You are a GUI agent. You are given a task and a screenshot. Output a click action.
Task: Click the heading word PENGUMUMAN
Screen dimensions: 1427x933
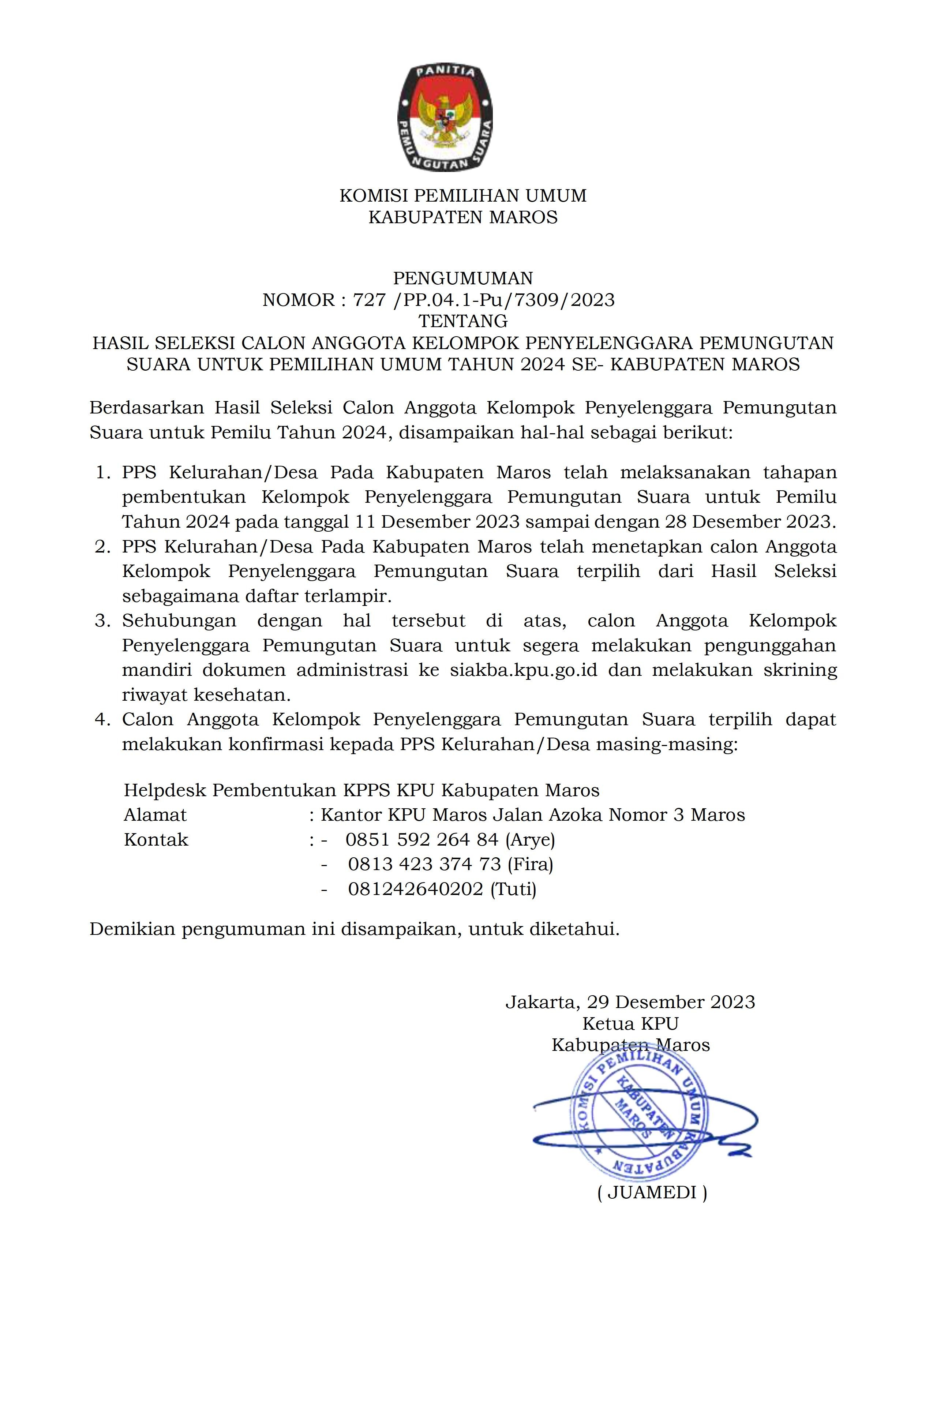(463, 278)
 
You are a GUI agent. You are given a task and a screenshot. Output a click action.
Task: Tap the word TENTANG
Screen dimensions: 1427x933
(463, 321)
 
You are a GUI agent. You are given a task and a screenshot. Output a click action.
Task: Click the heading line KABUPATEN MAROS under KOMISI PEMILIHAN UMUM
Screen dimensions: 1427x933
(463, 217)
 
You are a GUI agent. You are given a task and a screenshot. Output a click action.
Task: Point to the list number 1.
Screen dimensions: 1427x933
(102, 472)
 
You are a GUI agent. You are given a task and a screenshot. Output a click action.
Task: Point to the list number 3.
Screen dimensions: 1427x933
(102, 621)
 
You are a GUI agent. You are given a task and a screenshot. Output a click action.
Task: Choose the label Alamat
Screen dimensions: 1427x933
(155, 815)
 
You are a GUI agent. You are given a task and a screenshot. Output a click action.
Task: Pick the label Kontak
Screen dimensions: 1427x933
(156, 839)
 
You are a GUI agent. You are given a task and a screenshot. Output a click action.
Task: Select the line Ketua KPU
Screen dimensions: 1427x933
(630, 1023)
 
